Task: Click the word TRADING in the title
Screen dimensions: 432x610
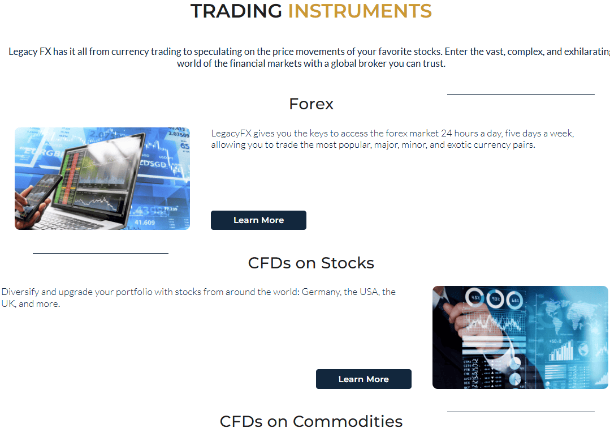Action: coord(236,11)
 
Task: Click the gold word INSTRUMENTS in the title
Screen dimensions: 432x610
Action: coord(360,11)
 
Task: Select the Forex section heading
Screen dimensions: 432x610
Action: coord(311,104)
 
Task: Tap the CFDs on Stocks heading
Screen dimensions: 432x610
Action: coord(311,263)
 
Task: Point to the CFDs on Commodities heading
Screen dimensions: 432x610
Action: coord(311,421)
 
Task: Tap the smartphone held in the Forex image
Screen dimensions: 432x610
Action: coord(41,195)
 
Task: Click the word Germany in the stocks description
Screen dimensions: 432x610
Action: coord(321,292)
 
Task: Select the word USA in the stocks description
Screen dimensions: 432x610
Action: coord(369,292)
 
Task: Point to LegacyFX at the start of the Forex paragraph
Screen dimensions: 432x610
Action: coord(231,134)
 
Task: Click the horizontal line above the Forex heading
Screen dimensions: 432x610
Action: coord(521,94)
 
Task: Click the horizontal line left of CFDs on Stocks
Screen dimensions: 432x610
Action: coord(101,253)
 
